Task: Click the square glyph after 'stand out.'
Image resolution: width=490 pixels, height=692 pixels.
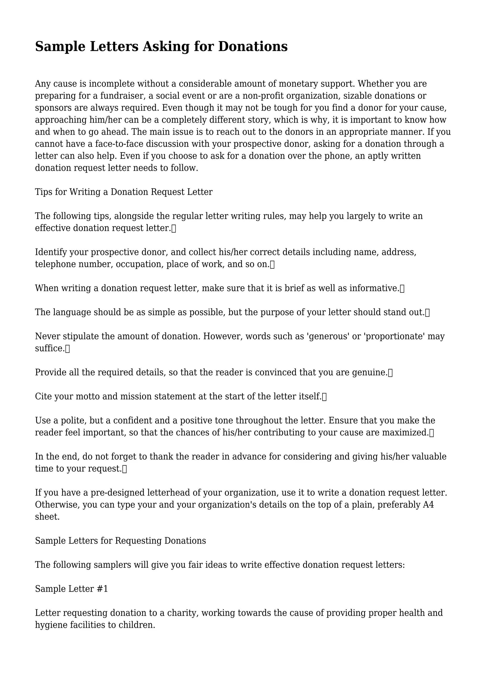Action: click(427, 313)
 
